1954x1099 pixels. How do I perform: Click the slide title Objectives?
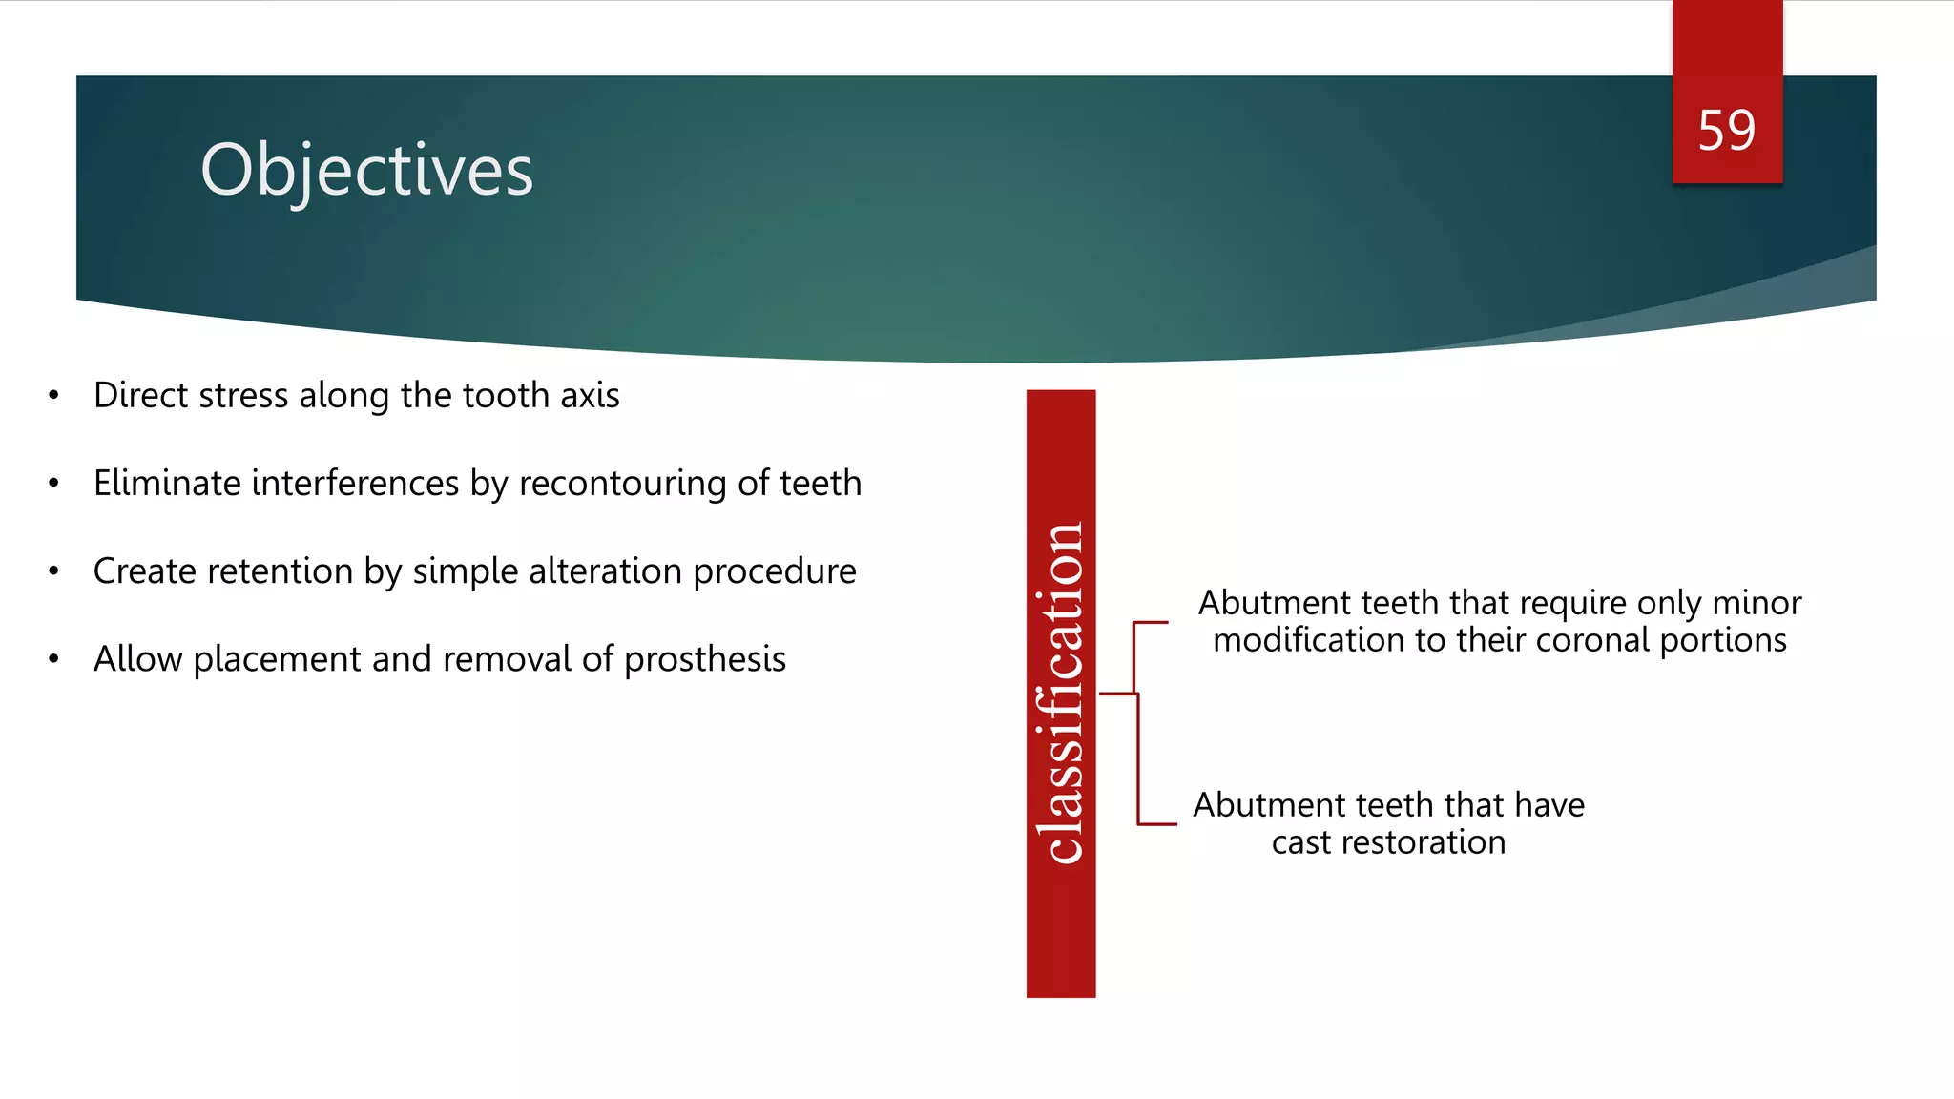[366, 170]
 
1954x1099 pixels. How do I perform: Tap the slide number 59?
[1726, 131]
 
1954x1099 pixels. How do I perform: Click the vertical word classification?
[1060, 694]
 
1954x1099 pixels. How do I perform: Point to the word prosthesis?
[705, 659]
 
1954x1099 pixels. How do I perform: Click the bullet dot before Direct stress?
[54, 395]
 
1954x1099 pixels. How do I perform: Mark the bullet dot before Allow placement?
[54, 659]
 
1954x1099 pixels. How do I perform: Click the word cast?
[1300, 842]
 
